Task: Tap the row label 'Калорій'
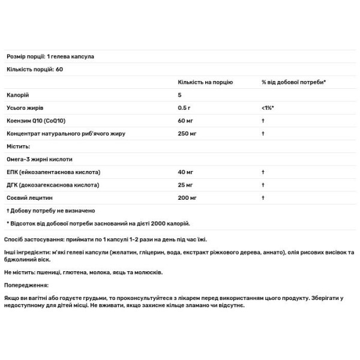pos(17,95)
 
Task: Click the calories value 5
pos(179,95)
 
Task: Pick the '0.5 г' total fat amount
pos(184,108)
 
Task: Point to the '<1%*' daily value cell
pos(268,108)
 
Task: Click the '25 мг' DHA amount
pos(185,184)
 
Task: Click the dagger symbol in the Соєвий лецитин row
pos(263,197)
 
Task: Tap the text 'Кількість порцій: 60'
pos(34,70)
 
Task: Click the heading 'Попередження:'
pos(27,286)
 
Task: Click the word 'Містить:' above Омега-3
pos(18,146)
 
